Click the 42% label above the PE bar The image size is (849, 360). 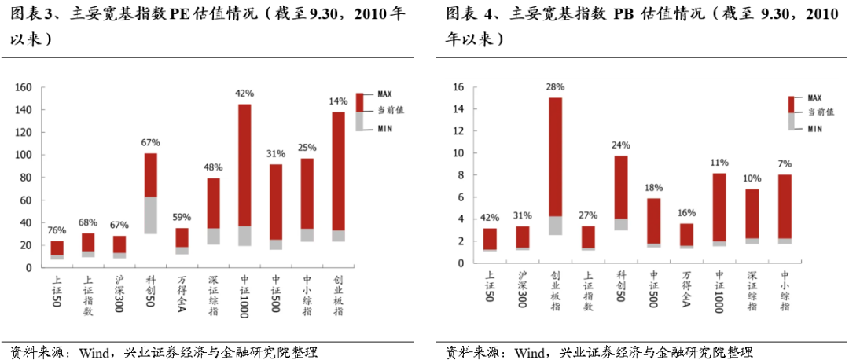click(244, 94)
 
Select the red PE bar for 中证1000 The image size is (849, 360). click(244, 165)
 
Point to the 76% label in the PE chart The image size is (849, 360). click(57, 230)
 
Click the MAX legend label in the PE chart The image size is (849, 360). click(385, 95)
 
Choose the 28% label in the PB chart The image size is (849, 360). click(555, 86)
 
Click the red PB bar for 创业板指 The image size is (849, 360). click(555, 156)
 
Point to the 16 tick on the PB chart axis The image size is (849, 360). click(459, 87)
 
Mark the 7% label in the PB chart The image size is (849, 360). click(785, 164)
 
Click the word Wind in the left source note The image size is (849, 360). click(93, 351)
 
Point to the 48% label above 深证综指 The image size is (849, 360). click(213, 168)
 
